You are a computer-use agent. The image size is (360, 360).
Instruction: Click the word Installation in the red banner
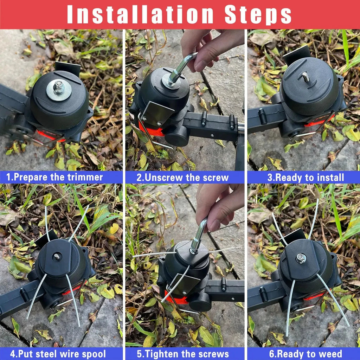[x=140, y=14]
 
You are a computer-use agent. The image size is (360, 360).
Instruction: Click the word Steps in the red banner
[x=258, y=15]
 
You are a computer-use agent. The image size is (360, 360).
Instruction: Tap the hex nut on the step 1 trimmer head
[x=59, y=86]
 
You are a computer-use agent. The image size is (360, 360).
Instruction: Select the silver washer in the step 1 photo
[x=59, y=90]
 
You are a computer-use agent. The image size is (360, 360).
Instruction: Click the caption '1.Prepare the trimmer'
[x=54, y=177]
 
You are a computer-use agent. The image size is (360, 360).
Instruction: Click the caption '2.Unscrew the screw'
[x=182, y=178]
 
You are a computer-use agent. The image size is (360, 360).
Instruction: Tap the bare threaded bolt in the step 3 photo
[x=306, y=77]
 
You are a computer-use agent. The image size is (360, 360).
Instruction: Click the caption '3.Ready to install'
[x=306, y=178]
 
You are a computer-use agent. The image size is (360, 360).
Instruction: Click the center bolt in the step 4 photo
[x=57, y=256]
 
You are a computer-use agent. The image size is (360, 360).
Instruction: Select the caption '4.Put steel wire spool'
[x=58, y=354]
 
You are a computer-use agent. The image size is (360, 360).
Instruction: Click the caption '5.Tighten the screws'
[x=183, y=354]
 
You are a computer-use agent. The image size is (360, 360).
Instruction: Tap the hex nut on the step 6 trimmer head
[x=301, y=258]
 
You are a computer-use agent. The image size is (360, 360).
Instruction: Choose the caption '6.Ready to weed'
[x=306, y=354]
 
